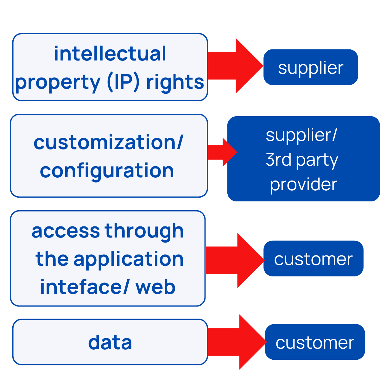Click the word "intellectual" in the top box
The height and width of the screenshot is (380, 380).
(110, 54)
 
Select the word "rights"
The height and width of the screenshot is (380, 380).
(175, 82)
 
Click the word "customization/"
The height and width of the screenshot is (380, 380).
(108, 142)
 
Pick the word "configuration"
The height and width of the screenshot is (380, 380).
(107, 171)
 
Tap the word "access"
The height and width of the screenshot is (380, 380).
(66, 231)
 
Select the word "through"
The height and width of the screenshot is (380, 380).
(144, 231)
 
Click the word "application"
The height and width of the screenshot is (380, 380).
(129, 259)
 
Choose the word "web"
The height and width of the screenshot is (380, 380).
(155, 287)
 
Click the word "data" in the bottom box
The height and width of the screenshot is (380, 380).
(110, 343)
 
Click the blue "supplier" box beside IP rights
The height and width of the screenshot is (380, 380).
(311, 67)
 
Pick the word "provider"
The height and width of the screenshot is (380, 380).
(303, 184)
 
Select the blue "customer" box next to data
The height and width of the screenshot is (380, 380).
(315, 342)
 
